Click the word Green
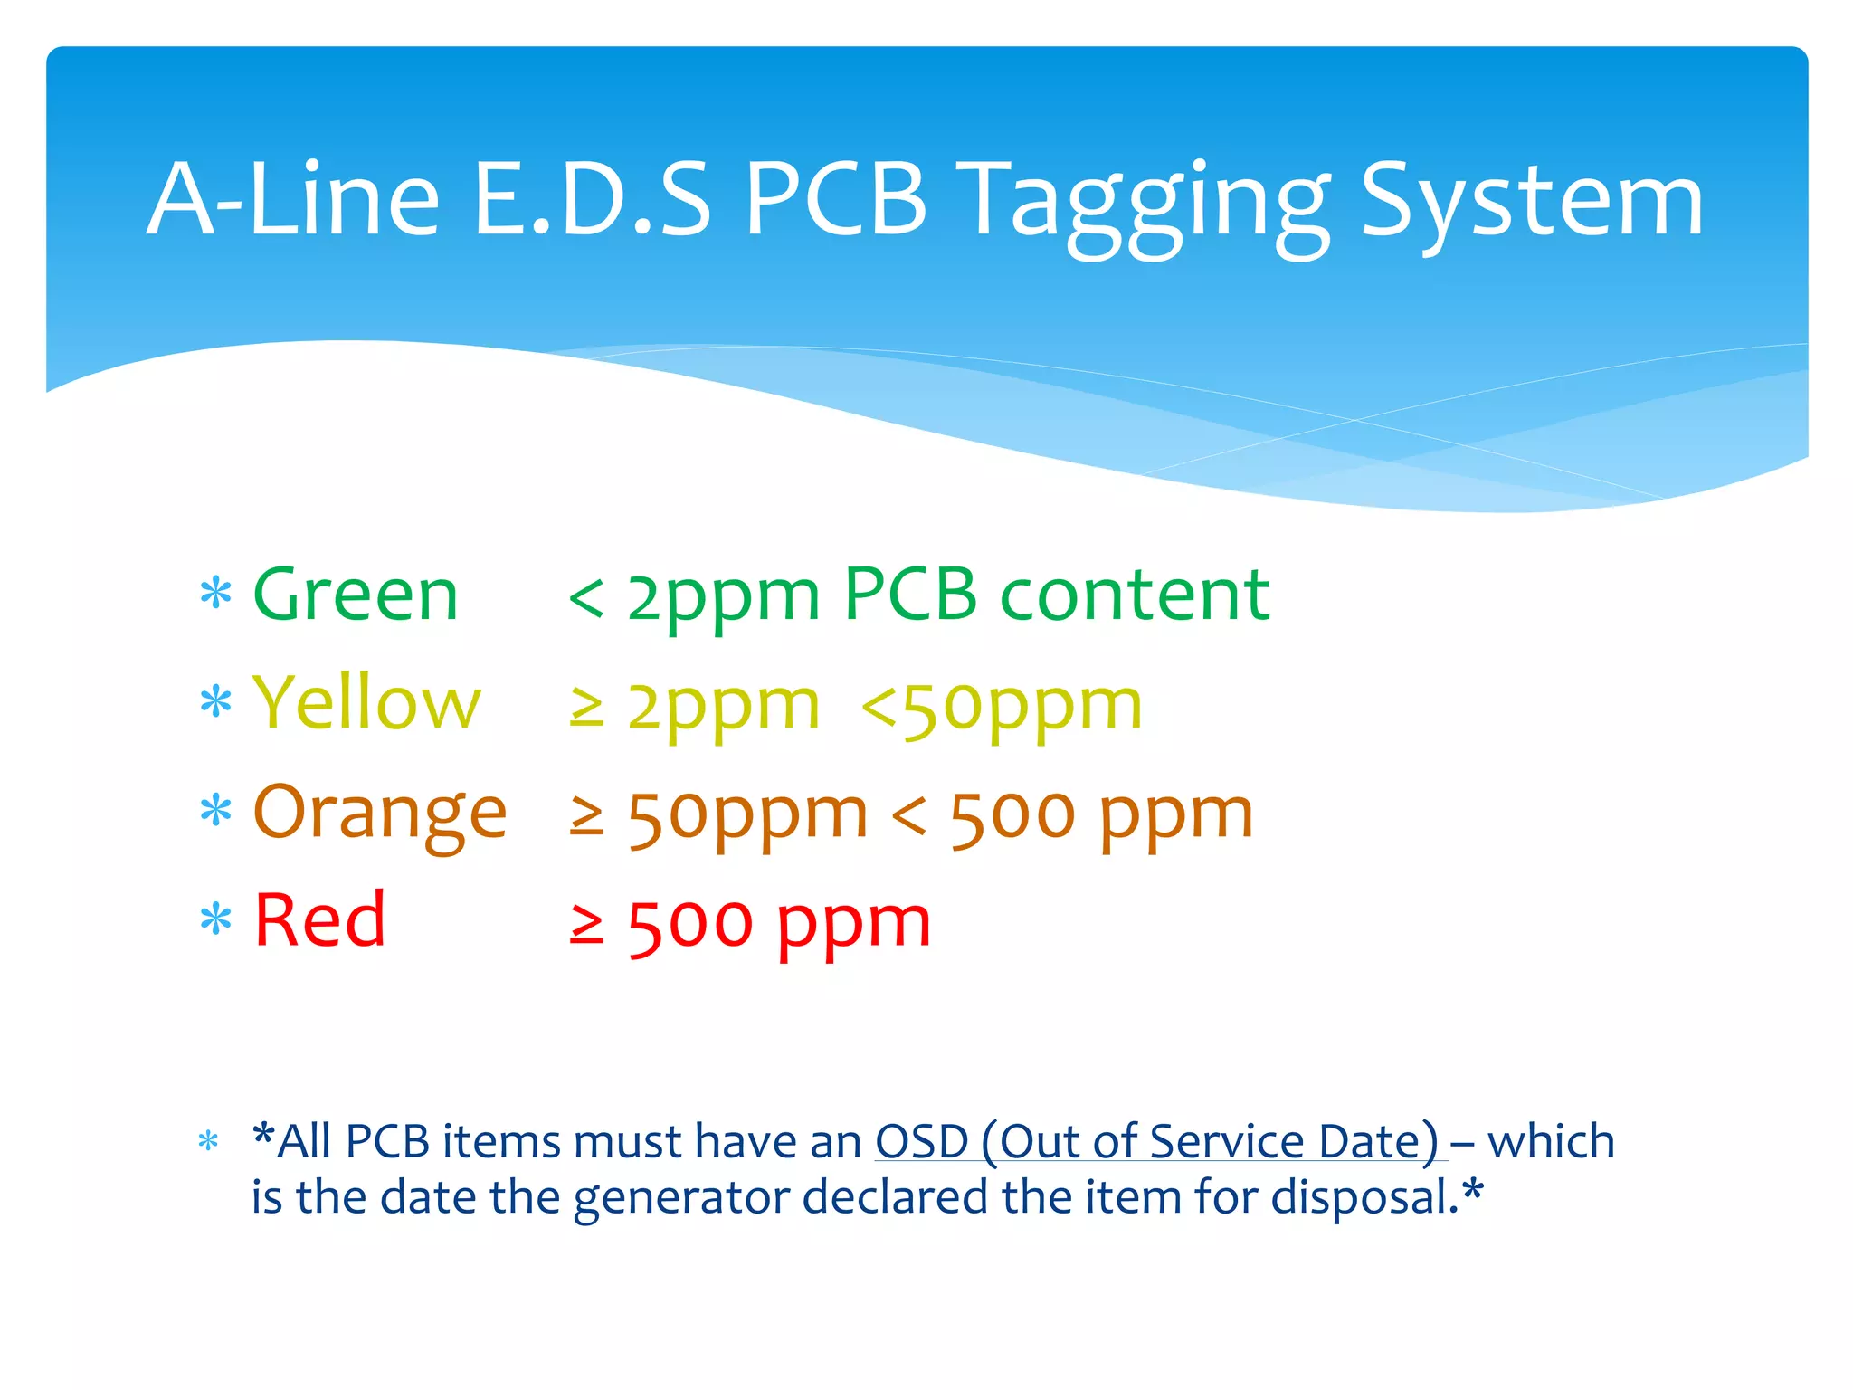[356, 595]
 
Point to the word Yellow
[366, 703]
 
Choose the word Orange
[380, 812]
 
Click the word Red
[320, 920]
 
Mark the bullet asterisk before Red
[215, 919]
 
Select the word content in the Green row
[1135, 595]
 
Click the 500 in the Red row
[690, 924]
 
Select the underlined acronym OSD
[922, 1141]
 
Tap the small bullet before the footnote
[208, 1141]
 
